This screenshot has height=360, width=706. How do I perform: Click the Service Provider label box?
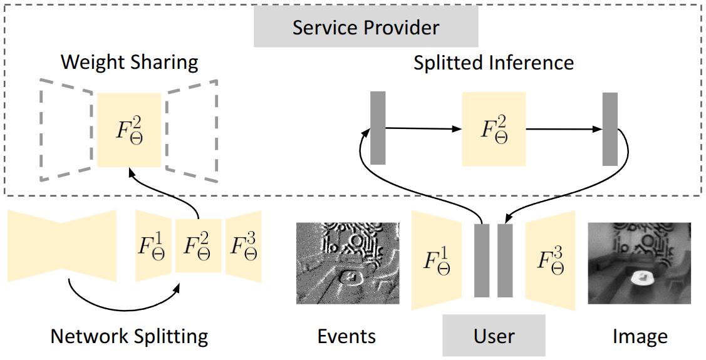click(x=366, y=28)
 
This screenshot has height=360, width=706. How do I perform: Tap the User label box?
click(x=494, y=336)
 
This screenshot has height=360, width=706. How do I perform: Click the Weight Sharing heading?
click(x=129, y=62)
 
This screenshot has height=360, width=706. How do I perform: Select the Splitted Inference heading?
click(x=494, y=63)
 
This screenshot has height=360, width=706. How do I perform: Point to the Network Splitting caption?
click(x=129, y=337)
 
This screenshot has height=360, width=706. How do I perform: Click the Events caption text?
click(x=346, y=337)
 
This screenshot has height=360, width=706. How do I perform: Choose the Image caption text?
click(x=640, y=337)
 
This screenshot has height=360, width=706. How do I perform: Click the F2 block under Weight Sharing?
click(x=129, y=130)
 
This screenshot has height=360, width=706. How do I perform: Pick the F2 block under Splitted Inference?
click(x=494, y=129)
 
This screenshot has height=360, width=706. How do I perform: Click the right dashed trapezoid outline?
click(x=192, y=130)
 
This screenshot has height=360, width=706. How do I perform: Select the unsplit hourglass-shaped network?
click(x=62, y=246)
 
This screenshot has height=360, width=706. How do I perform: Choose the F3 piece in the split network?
click(x=243, y=246)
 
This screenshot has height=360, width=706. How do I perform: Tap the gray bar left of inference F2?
click(x=378, y=128)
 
